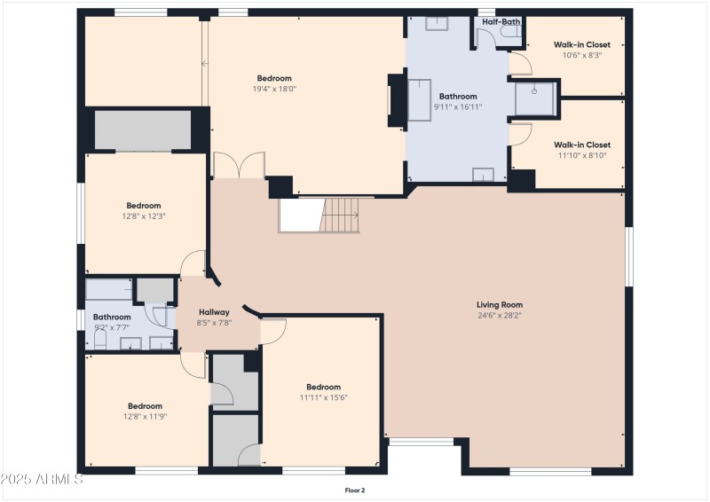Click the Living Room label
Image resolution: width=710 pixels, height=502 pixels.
tap(500, 304)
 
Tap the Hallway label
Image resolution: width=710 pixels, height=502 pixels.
tap(214, 312)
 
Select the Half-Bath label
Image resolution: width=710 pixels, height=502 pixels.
tap(501, 21)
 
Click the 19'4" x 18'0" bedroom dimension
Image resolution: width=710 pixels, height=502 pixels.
tap(274, 89)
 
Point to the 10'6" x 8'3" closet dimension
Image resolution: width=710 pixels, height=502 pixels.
tap(582, 55)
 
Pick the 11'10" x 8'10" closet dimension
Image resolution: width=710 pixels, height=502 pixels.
tap(582, 155)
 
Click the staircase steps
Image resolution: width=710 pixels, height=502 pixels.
tap(341, 215)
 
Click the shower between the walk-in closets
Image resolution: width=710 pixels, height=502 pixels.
tap(535, 99)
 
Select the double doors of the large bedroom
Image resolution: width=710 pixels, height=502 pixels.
tap(239, 165)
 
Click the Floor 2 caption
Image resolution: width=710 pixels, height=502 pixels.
tap(354, 490)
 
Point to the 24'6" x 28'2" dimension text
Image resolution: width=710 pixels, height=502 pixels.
tap(500, 316)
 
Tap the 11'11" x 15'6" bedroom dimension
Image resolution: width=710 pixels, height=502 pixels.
tap(323, 398)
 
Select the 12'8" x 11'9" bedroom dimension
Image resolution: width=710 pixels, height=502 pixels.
tap(145, 417)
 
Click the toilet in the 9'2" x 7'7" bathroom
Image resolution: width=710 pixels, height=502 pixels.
tap(100, 339)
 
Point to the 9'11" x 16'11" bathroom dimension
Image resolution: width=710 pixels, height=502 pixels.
tap(458, 107)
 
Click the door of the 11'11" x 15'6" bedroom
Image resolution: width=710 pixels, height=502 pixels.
tap(273, 331)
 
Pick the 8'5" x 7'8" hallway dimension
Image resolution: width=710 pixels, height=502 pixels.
tap(214, 323)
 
